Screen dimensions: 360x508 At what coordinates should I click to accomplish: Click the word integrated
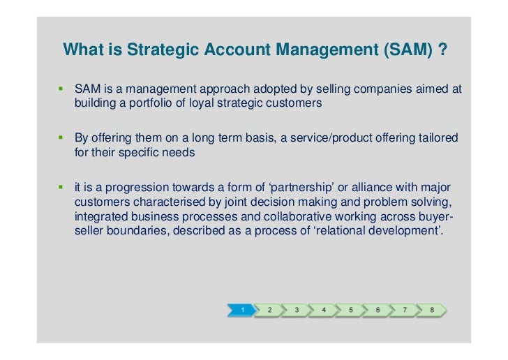[x=99, y=217]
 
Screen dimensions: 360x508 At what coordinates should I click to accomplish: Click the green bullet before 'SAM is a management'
[x=60, y=90]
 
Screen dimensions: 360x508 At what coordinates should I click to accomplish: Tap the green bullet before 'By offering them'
[x=60, y=139]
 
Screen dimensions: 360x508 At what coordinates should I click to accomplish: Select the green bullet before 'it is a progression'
[x=60, y=188]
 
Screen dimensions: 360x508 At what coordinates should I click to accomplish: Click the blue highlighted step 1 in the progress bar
[x=241, y=309]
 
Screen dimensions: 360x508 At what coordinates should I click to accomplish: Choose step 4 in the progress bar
[x=324, y=309]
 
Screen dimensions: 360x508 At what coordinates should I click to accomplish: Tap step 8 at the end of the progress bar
[x=433, y=309]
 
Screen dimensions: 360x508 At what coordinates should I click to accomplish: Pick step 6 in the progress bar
[x=378, y=309]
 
